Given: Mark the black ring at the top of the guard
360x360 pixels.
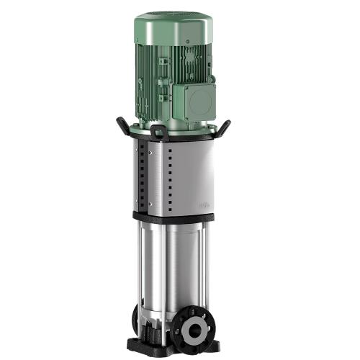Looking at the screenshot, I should point(180,139).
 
